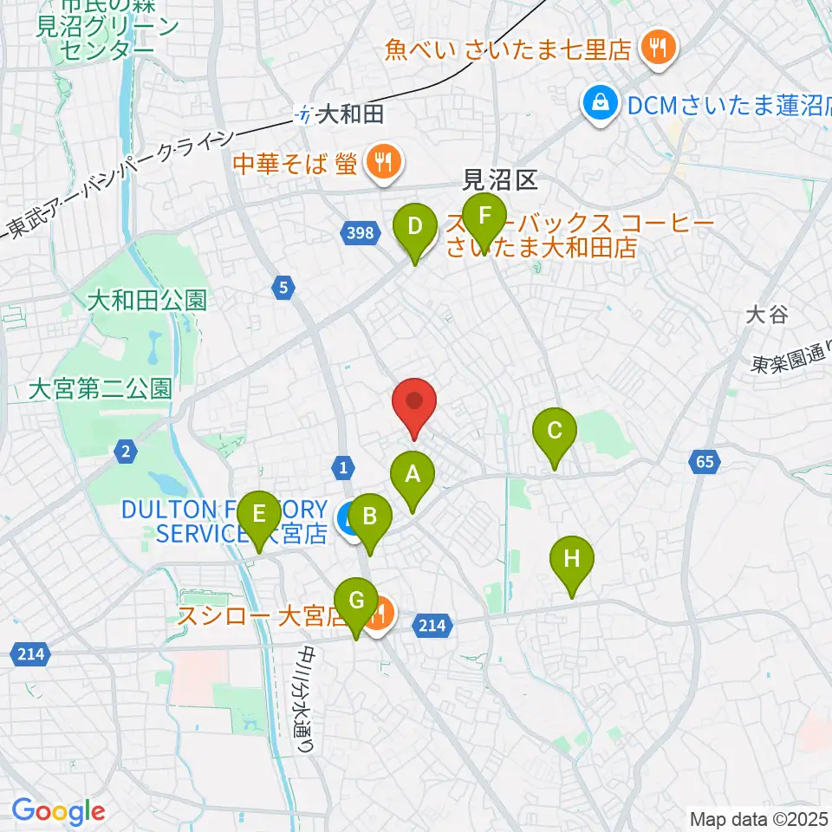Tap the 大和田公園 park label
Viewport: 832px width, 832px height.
tap(147, 302)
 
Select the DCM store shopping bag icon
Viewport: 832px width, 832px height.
tap(599, 105)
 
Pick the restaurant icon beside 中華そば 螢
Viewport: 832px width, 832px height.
tap(380, 160)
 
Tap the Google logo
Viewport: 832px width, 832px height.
tap(58, 812)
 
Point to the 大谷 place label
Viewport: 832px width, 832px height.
tap(767, 315)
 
